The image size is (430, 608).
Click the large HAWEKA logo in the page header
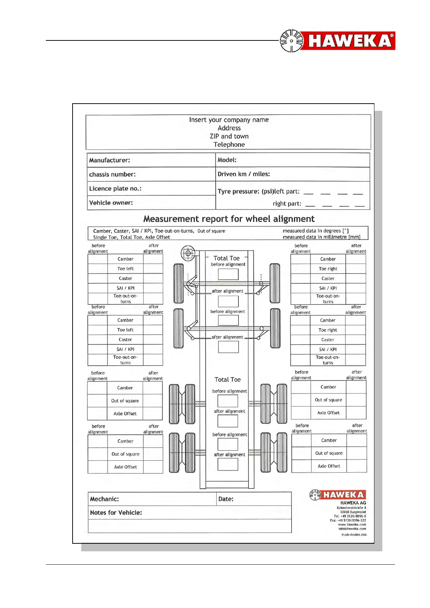[x=337, y=40]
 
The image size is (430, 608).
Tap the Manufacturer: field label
[x=109, y=160]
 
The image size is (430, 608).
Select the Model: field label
[x=227, y=160]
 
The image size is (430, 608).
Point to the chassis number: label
[x=112, y=174]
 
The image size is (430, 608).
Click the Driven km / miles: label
[x=244, y=174]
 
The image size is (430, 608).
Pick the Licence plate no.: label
[x=115, y=188]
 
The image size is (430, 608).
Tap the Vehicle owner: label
[x=111, y=203]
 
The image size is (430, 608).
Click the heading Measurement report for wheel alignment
[x=229, y=219]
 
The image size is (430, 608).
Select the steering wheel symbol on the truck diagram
[x=188, y=253]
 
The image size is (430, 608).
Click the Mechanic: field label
[x=104, y=499]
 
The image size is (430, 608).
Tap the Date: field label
[x=226, y=499]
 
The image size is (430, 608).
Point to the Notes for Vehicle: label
[x=116, y=513]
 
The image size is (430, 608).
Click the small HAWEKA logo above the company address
[x=338, y=495]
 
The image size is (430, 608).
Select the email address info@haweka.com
[x=352, y=529]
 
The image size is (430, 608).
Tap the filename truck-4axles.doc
[x=354, y=535]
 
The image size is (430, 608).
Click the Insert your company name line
[x=229, y=120]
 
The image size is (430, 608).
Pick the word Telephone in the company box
[x=229, y=145]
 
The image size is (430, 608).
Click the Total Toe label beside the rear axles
[x=227, y=380]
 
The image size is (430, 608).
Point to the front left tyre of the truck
[x=178, y=283]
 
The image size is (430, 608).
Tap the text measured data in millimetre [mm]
[x=321, y=237]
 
